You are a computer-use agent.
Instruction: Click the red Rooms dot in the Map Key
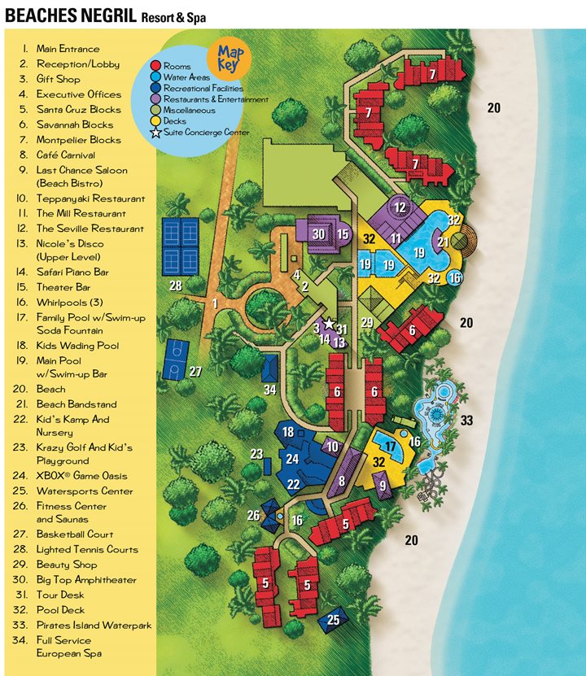(155, 66)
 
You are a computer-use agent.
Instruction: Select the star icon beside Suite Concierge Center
(155, 132)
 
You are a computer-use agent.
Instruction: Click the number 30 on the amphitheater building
(319, 234)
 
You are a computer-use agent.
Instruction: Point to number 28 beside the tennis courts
(176, 286)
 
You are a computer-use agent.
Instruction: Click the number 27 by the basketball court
(195, 372)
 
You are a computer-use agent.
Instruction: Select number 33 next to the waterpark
(466, 421)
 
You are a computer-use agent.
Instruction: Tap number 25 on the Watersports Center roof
(334, 620)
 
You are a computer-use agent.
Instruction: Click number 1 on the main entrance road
(215, 303)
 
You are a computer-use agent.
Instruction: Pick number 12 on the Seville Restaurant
(400, 207)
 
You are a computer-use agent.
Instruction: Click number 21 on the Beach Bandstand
(444, 242)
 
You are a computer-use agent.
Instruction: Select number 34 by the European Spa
(270, 389)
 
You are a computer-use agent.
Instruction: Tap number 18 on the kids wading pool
(287, 433)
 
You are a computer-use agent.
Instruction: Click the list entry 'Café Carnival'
(65, 155)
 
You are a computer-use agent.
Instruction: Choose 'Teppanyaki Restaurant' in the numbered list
(90, 198)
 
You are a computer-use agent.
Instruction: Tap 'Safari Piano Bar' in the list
(72, 273)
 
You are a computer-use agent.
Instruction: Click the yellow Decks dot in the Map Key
(155, 120)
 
